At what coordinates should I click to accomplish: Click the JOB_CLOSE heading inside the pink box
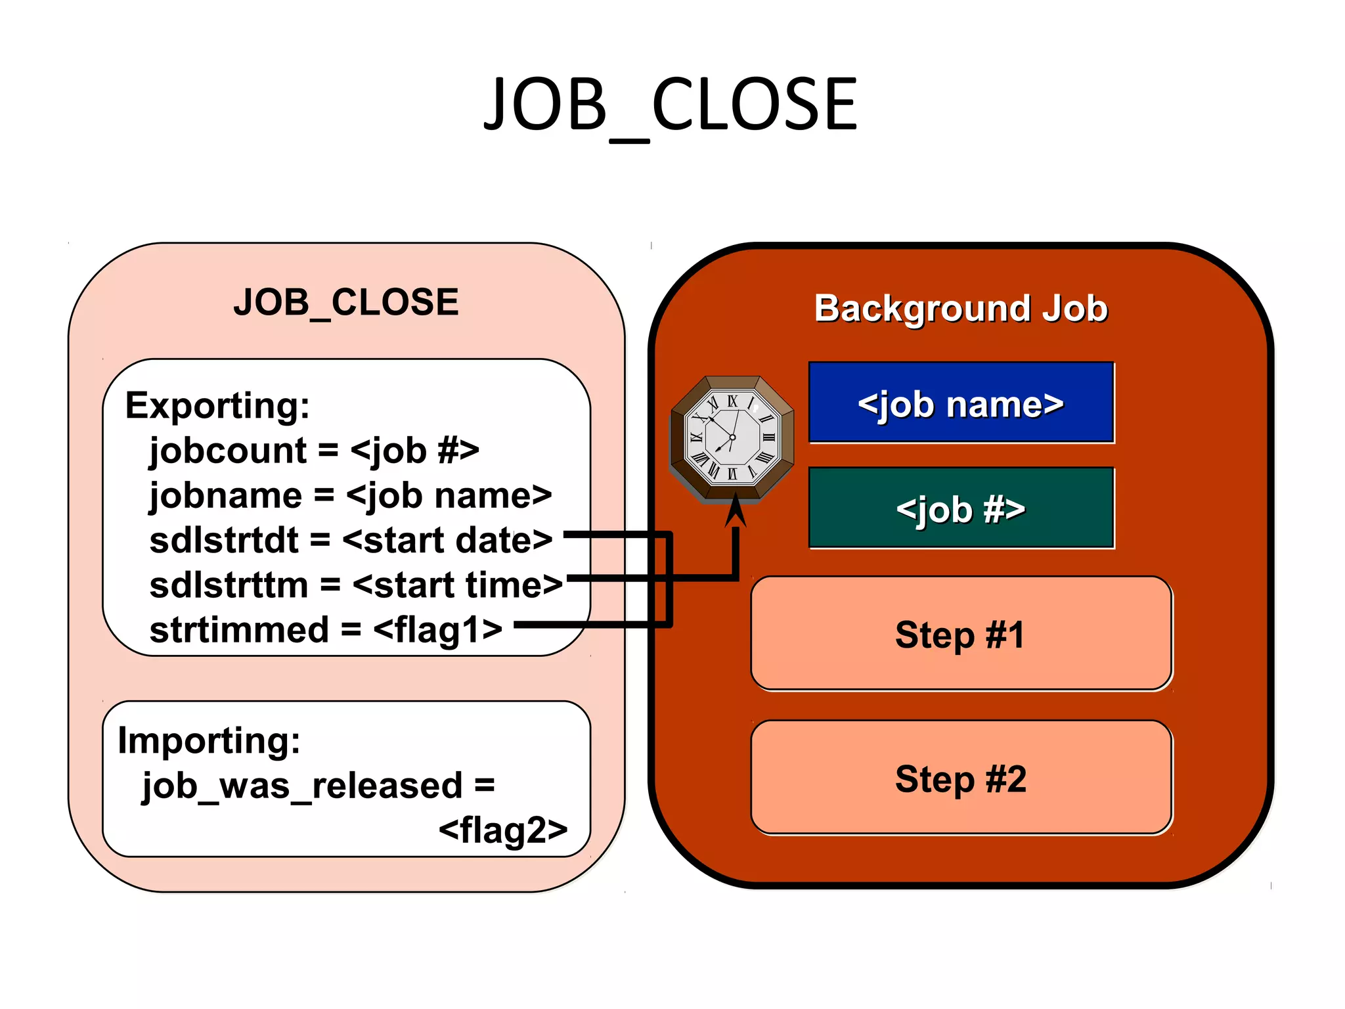[346, 303]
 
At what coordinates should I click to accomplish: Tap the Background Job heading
[961, 308]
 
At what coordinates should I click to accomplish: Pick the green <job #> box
[961, 508]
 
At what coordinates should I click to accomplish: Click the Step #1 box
[961, 634]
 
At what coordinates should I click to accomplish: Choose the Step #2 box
[961, 778]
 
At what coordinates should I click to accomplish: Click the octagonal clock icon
[732, 437]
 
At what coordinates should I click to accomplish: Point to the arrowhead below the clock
[736, 511]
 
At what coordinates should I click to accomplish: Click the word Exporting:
[217, 405]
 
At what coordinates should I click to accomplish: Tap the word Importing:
[209, 740]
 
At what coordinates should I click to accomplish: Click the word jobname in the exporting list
[226, 496]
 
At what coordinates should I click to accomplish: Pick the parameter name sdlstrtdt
[223, 541]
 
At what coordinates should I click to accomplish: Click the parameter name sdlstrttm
[229, 585]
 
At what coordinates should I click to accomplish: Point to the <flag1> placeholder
[437, 630]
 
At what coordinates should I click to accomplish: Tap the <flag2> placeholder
[503, 830]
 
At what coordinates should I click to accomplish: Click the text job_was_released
[302, 786]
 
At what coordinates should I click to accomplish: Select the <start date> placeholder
[447, 541]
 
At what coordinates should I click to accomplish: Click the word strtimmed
[239, 630]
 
